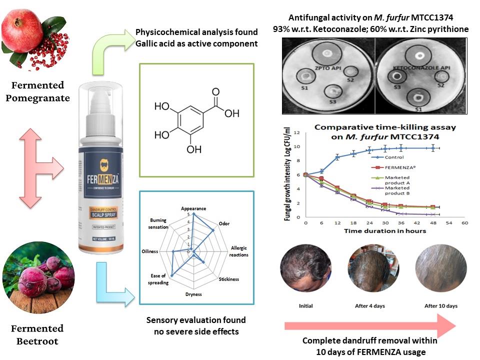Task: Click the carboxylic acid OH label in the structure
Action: click(231, 113)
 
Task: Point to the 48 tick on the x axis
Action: click(432, 223)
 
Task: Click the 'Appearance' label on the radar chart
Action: click(193, 208)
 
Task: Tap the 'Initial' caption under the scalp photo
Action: click(305, 306)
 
